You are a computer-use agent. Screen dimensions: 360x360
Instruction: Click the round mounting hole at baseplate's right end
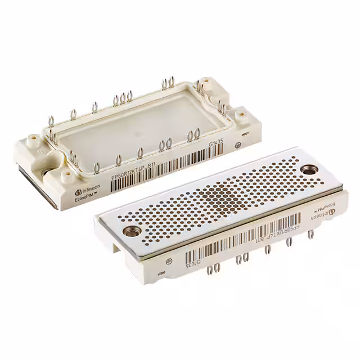click(x=308, y=169)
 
